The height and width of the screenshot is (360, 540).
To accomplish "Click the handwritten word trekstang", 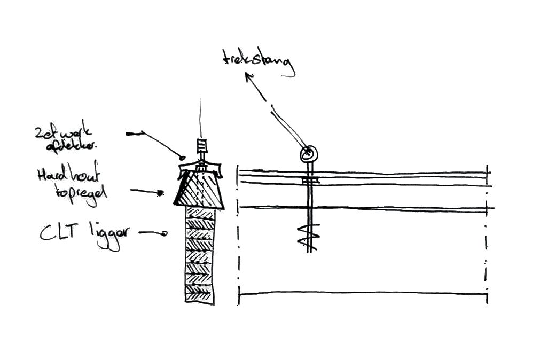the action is tap(259, 62).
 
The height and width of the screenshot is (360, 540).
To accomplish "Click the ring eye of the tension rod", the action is tap(308, 155).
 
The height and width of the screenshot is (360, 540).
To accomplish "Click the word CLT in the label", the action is tap(59, 233).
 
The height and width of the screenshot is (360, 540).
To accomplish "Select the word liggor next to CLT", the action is tap(105, 236).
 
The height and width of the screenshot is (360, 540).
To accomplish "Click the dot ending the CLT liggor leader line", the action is tap(165, 233).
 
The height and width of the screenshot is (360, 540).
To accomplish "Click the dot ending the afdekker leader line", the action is tap(182, 158).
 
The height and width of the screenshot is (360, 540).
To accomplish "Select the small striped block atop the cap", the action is tap(201, 145).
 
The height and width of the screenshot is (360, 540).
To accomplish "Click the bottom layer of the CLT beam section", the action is tap(199, 294).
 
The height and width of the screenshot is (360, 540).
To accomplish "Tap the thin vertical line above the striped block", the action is tap(200, 120).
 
